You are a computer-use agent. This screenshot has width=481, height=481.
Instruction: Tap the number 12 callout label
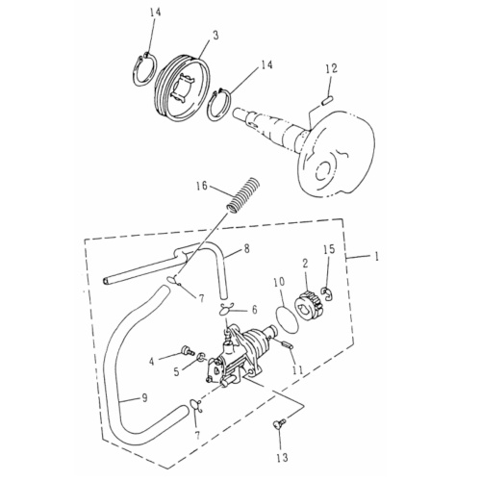point(331,68)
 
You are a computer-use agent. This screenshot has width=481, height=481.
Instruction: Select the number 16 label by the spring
point(201,185)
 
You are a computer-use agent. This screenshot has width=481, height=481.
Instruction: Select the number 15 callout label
point(329,250)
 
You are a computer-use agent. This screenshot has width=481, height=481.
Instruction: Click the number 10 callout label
point(279,282)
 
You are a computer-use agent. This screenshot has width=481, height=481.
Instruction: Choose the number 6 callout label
point(254,310)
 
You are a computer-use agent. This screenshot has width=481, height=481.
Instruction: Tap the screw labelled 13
point(280,422)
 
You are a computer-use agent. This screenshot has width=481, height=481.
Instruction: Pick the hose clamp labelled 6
point(228,309)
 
